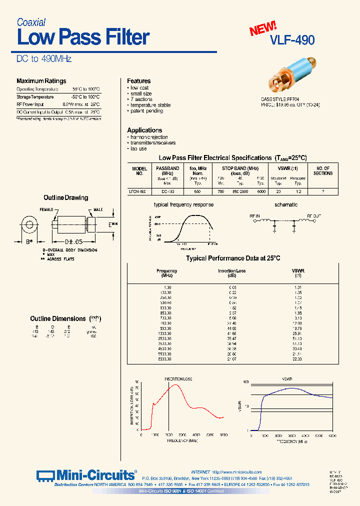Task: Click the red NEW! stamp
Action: coord(263,29)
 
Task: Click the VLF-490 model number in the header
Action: coord(292,40)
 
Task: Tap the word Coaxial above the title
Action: coord(31,22)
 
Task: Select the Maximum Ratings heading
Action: coord(41,81)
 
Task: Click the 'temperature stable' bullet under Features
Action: coord(150,105)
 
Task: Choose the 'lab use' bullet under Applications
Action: coord(138,148)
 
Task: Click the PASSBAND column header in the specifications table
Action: coord(167,168)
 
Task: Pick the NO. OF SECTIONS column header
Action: coord(323,170)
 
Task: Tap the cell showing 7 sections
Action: coord(323,191)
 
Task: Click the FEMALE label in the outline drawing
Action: coord(46,210)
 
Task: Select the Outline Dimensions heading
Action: coord(58,318)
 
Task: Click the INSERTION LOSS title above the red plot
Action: coord(178,379)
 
